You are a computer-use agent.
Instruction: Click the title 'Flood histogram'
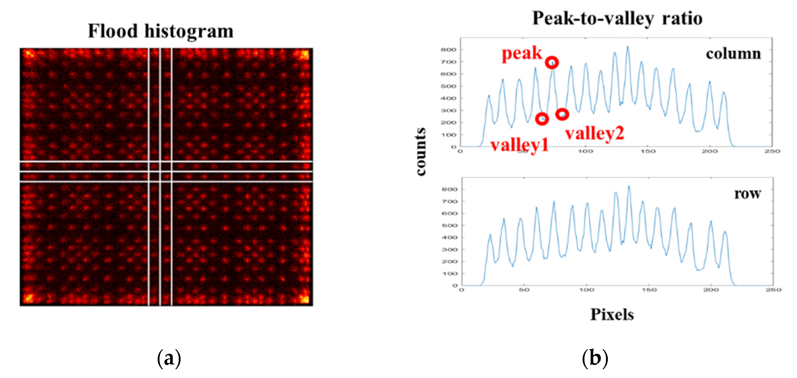161,31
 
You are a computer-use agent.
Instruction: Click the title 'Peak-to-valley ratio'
617,18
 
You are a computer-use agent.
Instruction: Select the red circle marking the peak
552,63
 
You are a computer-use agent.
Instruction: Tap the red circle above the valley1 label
542,119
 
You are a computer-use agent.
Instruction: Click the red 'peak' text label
522,54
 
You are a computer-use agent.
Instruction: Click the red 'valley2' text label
594,134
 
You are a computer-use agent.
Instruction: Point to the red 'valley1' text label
519,145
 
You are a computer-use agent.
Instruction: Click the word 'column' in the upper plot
733,54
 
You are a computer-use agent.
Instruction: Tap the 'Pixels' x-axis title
612,315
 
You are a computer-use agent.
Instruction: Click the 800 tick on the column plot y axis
448,49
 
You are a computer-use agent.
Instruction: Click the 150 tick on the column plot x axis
648,151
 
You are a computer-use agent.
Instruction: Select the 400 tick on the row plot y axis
450,238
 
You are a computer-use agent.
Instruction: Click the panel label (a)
169,358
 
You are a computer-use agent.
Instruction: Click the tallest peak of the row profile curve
628,187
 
